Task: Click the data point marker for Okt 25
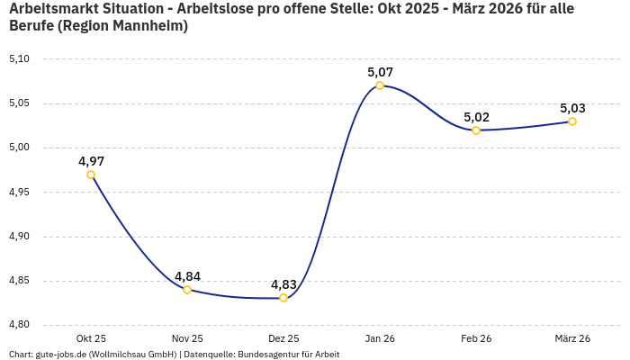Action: pyautogui.click(x=91, y=175)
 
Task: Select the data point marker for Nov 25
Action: pyautogui.click(x=187, y=290)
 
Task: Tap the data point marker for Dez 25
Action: pyautogui.click(x=283, y=298)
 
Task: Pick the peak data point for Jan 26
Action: pyautogui.click(x=380, y=85)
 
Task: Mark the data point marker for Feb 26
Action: pyautogui.click(x=476, y=130)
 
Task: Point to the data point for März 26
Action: pyautogui.click(x=572, y=121)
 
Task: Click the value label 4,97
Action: pyautogui.click(x=91, y=161)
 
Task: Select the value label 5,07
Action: pyautogui.click(x=380, y=72)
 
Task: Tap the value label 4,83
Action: pyautogui.click(x=283, y=284)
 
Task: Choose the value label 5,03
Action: pyautogui.click(x=572, y=108)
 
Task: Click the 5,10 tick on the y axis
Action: pyautogui.click(x=19, y=59)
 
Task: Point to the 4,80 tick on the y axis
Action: pyautogui.click(x=19, y=325)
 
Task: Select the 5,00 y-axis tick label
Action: pyautogui.click(x=19, y=148)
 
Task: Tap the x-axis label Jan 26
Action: pyautogui.click(x=380, y=338)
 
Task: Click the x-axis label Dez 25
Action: pyautogui.click(x=283, y=338)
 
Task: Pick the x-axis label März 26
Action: pyautogui.click(x=572, y=338)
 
